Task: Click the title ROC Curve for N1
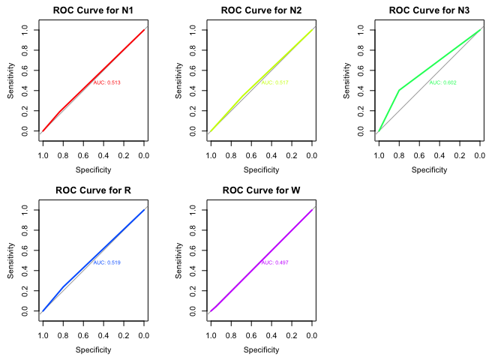(x=93, y=10)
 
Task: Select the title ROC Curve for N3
(x=429, y=10)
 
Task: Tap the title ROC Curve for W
(x=261, y=190)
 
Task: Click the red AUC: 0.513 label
(x=106, y=82)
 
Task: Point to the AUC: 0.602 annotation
(x=442, y=82)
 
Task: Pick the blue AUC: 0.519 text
(x=106, y=262)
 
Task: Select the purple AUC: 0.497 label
(x=274, y=262)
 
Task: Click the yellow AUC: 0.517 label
(x=274, y=82)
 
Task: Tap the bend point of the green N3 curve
(x=398, y=90)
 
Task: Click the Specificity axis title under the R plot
(x=93, y=349)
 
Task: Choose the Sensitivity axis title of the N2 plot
(x=178, y=80)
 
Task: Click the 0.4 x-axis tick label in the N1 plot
(x=103, y=155)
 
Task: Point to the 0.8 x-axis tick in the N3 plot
(x=398, y=155)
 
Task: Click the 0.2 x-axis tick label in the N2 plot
(x=291, y=155)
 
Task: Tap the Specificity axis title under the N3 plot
(x=429, y=169)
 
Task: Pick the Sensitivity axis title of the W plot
(x=178, y=260)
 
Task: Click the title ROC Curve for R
(x=93, y=190)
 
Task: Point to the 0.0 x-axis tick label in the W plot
(x=311, y=335)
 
